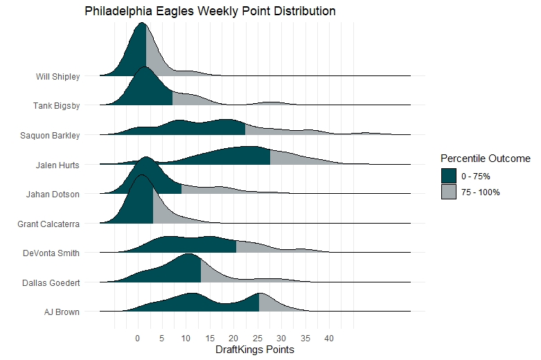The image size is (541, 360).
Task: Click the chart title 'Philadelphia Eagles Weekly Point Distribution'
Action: click(x=210, y=12)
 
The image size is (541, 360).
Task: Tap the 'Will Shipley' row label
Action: click(x=58, y=76)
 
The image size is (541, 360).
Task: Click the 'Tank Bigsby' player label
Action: click(x=57, y=106)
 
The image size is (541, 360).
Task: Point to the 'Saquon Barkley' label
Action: click(x=51, y=135)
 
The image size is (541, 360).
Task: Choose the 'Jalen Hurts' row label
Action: click(x=57, y=165)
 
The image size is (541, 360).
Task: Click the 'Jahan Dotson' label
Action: click(x=55, y=194)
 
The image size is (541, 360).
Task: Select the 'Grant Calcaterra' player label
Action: click(x=49, y=224)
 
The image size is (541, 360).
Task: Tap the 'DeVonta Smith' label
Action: click(x=53, y=253)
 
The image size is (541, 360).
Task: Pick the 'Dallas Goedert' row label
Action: click(x=53, y=282)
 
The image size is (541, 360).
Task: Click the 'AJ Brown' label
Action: click(x=62, y=312)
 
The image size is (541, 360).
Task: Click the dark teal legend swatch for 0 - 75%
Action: click(x=449, y=177)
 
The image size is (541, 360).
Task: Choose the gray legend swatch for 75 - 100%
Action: click(x=449, y=192)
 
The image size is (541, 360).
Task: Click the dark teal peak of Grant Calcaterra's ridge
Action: click(x=142, y=201)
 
